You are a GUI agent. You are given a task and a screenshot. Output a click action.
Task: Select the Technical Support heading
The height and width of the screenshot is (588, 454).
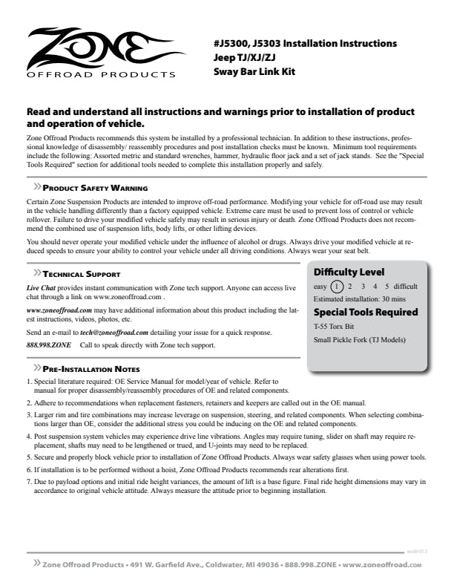point(82,274)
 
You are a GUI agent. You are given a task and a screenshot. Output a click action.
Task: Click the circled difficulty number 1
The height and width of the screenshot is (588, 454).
point(337,286)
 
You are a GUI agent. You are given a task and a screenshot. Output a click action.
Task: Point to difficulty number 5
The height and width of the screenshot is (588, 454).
point(386,286)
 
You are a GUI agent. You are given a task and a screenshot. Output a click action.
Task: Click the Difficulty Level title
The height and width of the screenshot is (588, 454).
point(349,272)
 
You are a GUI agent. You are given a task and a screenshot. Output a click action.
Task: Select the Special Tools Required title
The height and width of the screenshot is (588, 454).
point(366,312)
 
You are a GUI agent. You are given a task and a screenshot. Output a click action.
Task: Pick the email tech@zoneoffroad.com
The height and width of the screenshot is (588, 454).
point(114,333)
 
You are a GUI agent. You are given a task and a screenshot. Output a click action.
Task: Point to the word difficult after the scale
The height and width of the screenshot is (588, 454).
point(406,286)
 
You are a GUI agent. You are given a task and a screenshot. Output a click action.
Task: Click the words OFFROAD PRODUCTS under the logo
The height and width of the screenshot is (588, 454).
point(101,74)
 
